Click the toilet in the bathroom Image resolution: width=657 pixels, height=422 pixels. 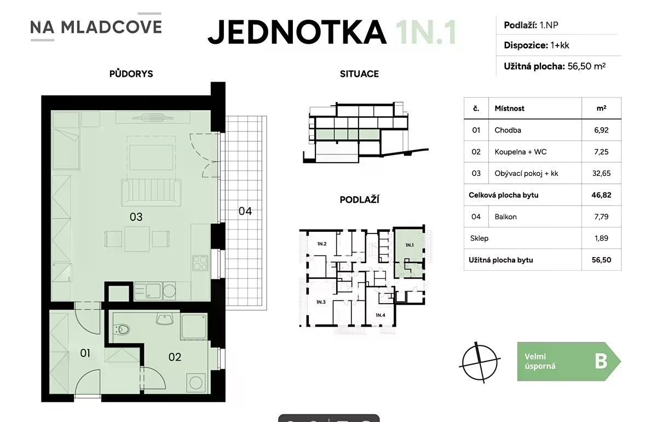123,330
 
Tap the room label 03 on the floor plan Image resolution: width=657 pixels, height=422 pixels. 136,217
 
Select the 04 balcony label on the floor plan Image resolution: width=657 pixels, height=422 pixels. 245,211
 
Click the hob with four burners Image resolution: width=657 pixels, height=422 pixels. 200,263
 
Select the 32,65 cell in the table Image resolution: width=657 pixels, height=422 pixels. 601,173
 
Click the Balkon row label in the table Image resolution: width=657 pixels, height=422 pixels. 506,216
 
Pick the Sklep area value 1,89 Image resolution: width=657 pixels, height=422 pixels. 601,238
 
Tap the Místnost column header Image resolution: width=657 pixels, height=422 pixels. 510,109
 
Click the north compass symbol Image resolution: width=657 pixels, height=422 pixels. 480,363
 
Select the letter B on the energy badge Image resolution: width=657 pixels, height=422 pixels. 601,362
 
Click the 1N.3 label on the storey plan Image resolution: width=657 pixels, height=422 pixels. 321,302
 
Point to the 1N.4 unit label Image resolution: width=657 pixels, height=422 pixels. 381,315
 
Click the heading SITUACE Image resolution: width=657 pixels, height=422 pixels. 359,73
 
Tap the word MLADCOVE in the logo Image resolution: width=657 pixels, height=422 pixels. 112,27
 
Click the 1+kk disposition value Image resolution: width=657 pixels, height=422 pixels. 560,45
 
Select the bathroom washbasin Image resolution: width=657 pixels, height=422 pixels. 165,319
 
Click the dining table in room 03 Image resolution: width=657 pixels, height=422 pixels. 137,239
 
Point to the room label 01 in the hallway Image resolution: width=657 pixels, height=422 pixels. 85,353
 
